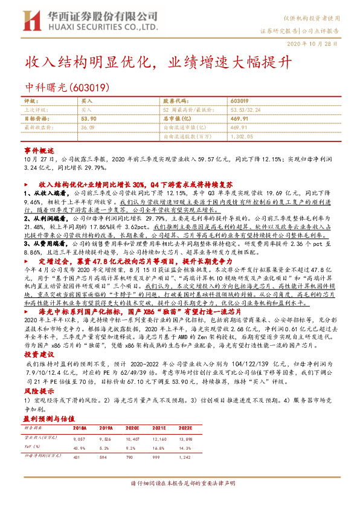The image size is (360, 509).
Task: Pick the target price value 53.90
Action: coord(88,119)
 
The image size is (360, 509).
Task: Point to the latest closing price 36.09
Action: coord(88,128)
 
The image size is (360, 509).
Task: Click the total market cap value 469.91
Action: coord(239,119)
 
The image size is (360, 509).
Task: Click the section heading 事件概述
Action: coord(39,149)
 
